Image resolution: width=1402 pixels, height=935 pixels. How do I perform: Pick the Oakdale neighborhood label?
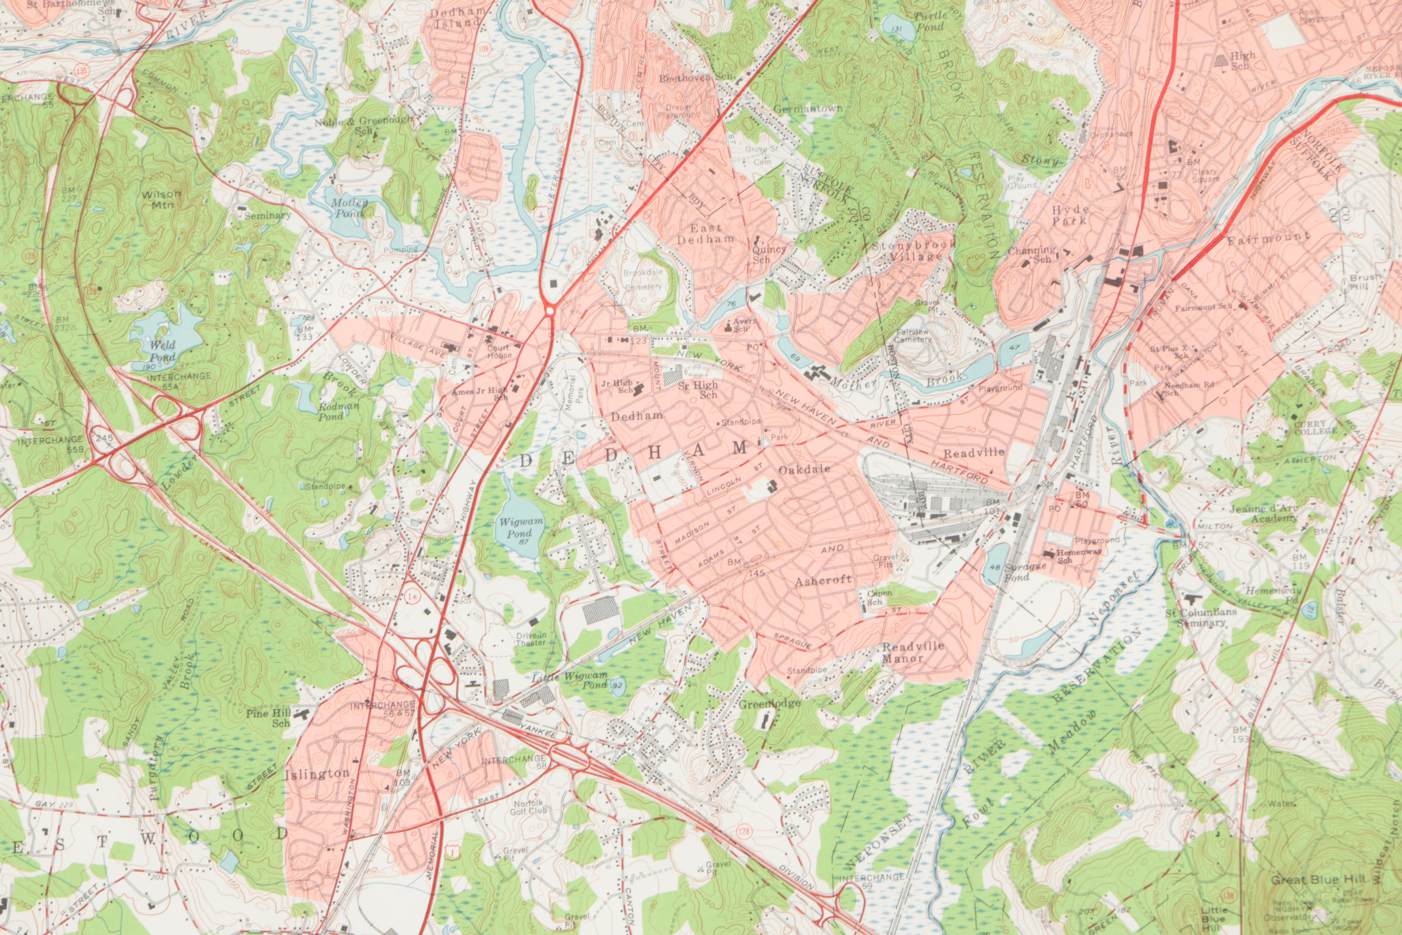pos(804,470)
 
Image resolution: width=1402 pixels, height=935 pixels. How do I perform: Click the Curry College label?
pos(1311,428)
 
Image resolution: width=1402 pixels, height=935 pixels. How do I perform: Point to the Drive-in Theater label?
pos(531,639)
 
